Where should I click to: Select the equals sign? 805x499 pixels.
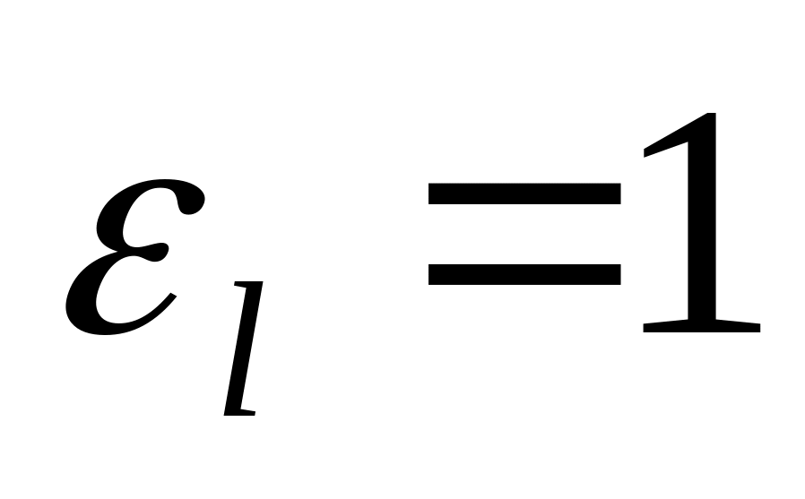[x=524, y=233]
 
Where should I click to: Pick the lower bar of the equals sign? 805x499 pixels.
[x=524, y=272]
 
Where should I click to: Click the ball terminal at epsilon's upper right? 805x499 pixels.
[x=189, y=202]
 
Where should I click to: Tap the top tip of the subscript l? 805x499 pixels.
[x=259, y=284]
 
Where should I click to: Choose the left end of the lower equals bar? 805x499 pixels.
[x=433, y=272]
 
